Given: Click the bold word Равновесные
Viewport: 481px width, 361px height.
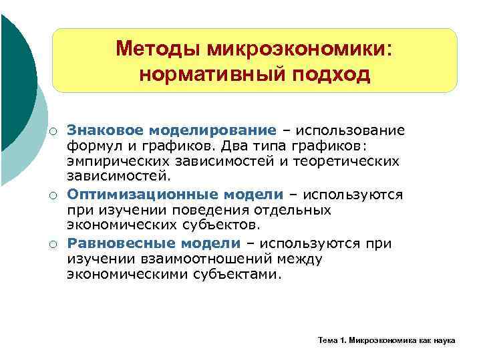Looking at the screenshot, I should pyautogui.click(x=116, y=243).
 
